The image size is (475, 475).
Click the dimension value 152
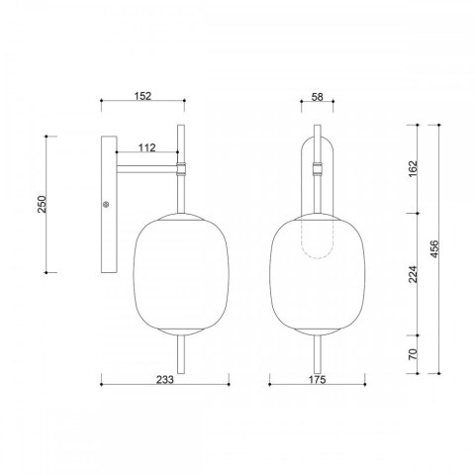[x=142, y=96]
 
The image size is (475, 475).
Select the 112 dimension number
[x=146, y=147]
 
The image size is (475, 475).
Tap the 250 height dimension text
[x=43, y=204]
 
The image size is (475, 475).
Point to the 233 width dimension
[x=164, y=380]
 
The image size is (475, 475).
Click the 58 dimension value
[x=318, y=97]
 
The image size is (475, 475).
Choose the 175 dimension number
[x=317, y=380]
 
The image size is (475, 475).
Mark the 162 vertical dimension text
[x=413, y=168]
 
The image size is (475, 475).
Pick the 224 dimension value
[x=413, y=274]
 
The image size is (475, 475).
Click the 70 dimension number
[x=413, y=354]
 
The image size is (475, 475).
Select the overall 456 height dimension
[x=434, y=249]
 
